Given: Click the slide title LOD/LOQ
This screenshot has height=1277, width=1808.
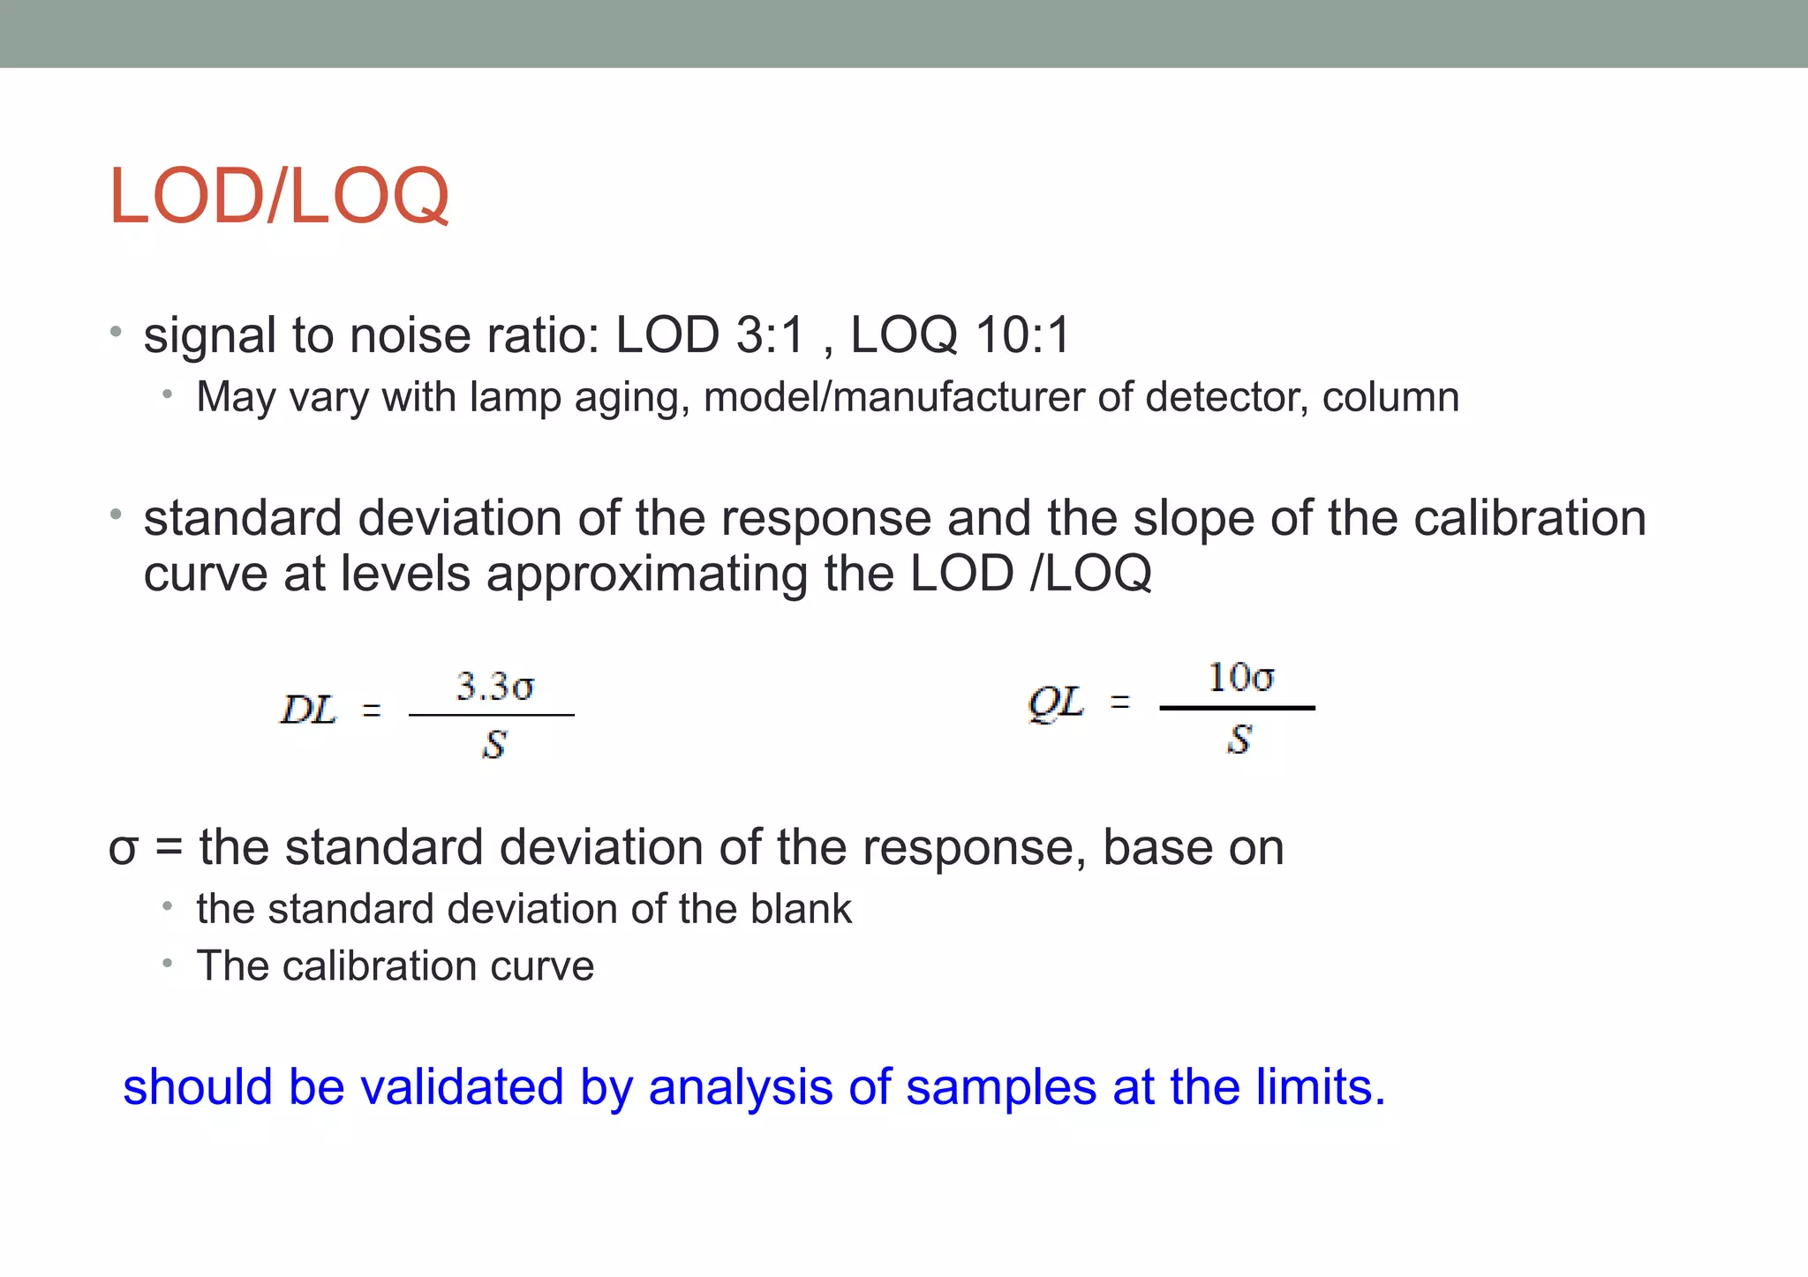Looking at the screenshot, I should click(278, 196).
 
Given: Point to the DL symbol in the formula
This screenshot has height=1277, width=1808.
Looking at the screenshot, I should click(308, 710).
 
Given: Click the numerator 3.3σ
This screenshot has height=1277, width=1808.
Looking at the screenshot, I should click(494, 687).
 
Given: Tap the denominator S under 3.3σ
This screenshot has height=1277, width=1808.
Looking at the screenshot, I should click(494, 746).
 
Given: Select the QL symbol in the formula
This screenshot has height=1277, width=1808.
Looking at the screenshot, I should click(1056, 703).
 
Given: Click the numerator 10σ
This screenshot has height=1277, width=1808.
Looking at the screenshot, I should click(1240, 678).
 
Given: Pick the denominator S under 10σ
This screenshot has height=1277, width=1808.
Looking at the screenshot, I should click(1239, 740).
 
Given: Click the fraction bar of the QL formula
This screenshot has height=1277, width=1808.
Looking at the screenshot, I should click(1237, 708).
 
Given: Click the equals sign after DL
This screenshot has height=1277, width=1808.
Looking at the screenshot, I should click(372, 710).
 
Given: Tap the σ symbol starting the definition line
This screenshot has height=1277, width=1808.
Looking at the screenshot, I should click(123, 849).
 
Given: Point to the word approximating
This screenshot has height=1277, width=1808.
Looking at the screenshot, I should click(646, 574).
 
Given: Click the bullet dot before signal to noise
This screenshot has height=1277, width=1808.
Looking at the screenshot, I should click(115, 333).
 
